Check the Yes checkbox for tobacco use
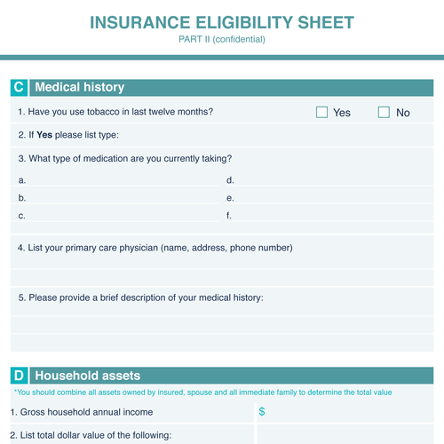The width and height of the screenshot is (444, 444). tap(322, 113)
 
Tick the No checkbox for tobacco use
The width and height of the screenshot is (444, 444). tap(384, 113)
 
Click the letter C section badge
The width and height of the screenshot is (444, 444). tap(19, 88)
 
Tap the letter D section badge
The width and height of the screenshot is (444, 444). tap(19, 376)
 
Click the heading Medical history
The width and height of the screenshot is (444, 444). tap(79, 88)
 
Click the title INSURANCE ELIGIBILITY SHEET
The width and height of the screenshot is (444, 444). tap(222, 21)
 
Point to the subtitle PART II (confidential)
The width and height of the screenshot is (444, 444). tap(222, 39)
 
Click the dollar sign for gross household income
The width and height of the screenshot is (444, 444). tap(262, 412)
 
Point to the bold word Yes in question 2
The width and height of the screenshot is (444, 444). tap(44, 136)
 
